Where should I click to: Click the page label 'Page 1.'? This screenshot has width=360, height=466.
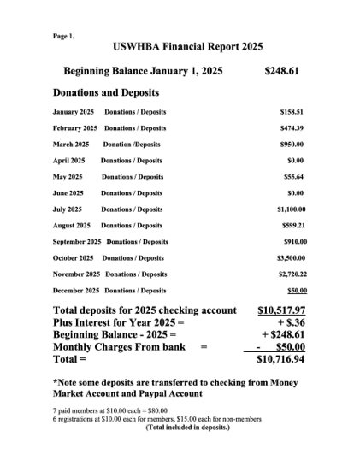63,37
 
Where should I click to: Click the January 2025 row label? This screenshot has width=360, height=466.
74,112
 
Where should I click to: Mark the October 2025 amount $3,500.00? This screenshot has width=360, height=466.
290,257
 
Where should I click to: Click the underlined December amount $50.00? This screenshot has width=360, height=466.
295,291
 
